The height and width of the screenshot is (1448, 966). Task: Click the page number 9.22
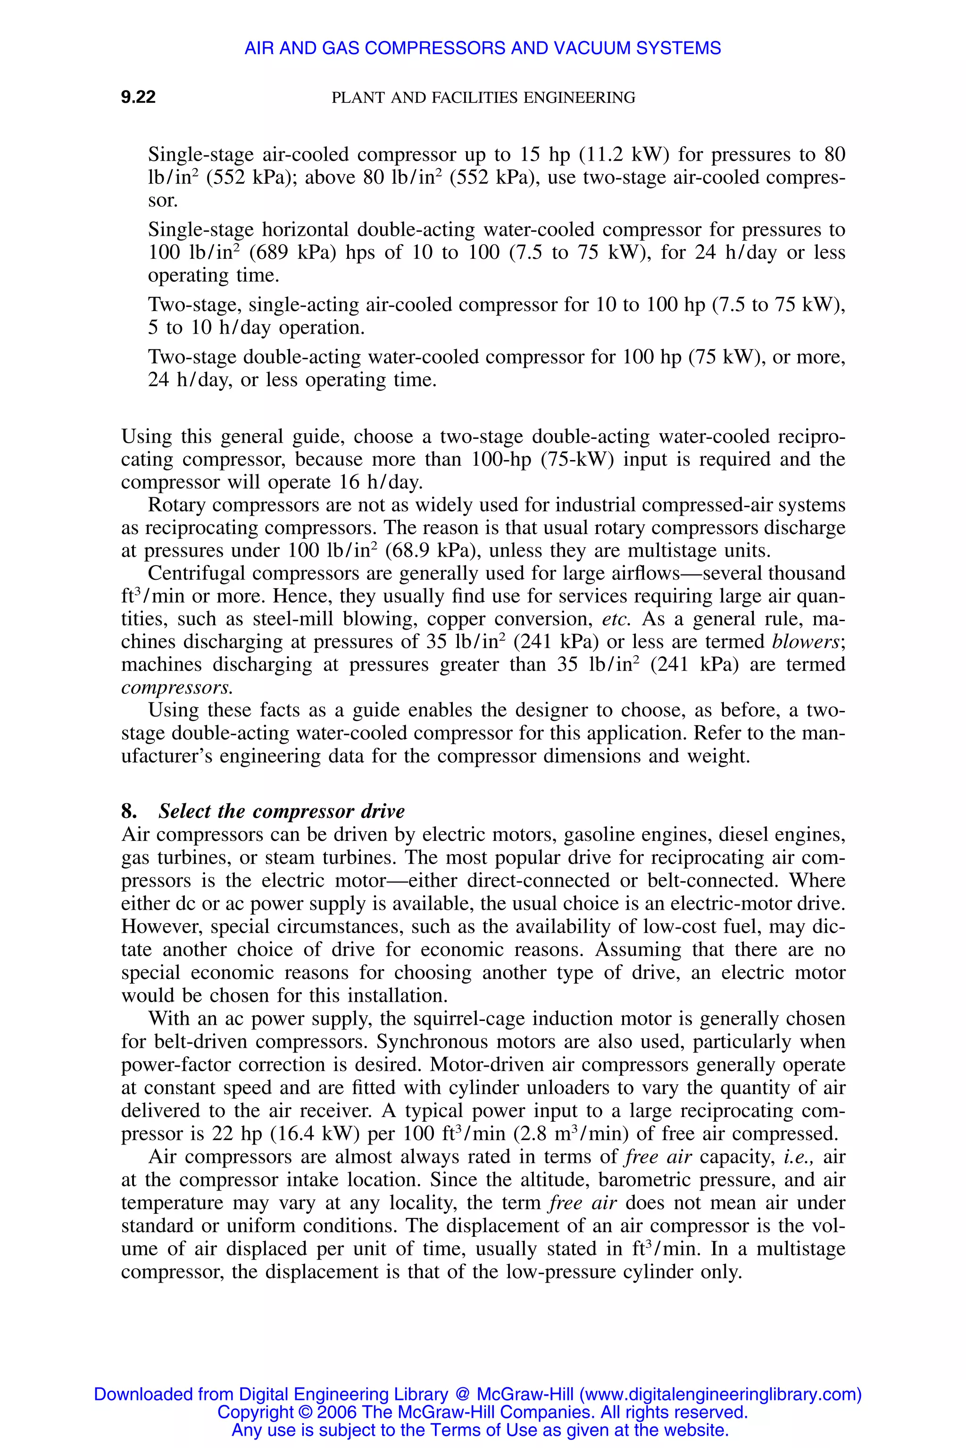138,97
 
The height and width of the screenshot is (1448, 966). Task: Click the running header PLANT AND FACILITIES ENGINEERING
483,97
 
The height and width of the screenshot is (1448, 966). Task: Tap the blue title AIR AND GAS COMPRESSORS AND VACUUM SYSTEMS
483,48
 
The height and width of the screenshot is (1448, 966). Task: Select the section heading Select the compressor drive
282,811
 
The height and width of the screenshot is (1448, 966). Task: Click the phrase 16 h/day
380,482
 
